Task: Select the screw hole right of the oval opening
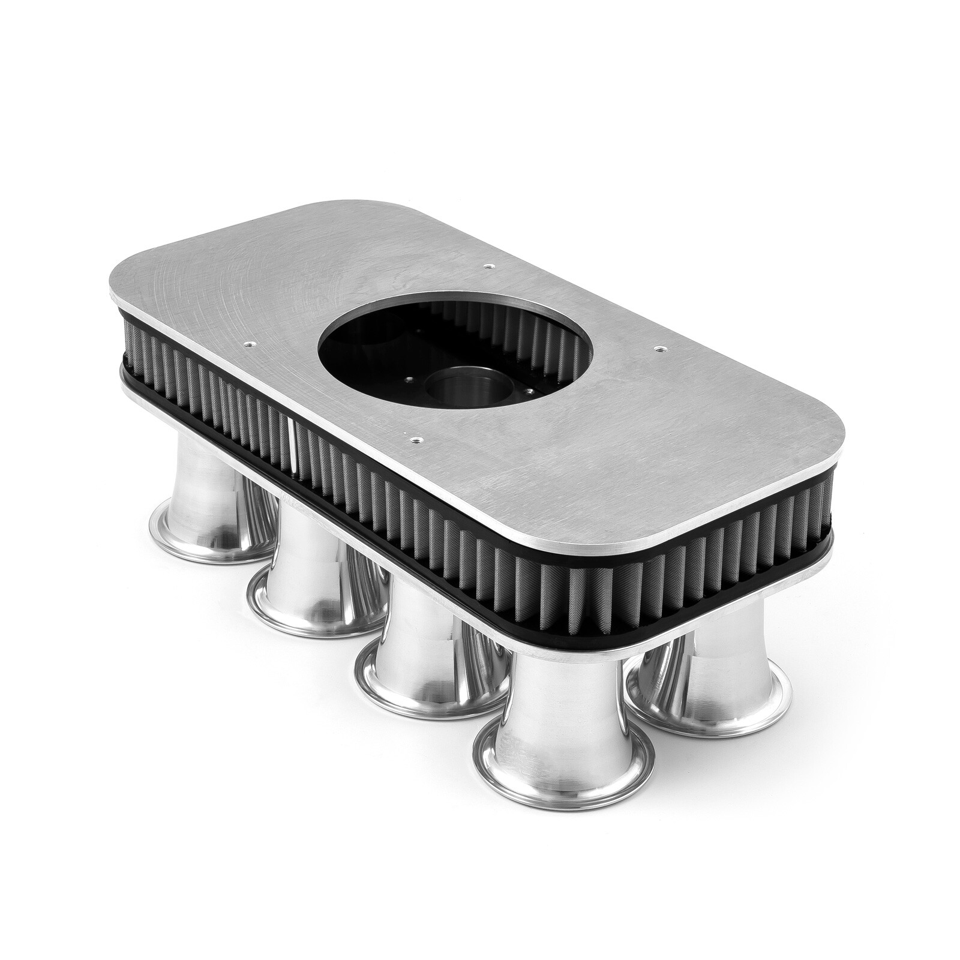click(659, 347)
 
